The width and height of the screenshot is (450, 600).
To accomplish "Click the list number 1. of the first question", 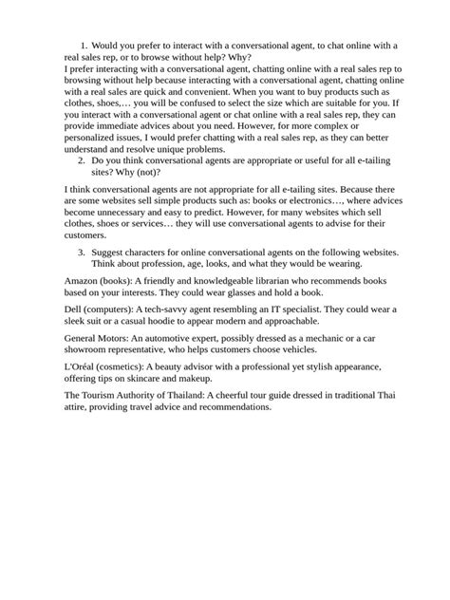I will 84,45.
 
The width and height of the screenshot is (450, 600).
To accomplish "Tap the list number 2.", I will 83,161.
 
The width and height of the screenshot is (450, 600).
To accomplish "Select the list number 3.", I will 83,252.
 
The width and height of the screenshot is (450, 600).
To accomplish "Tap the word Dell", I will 74,310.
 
